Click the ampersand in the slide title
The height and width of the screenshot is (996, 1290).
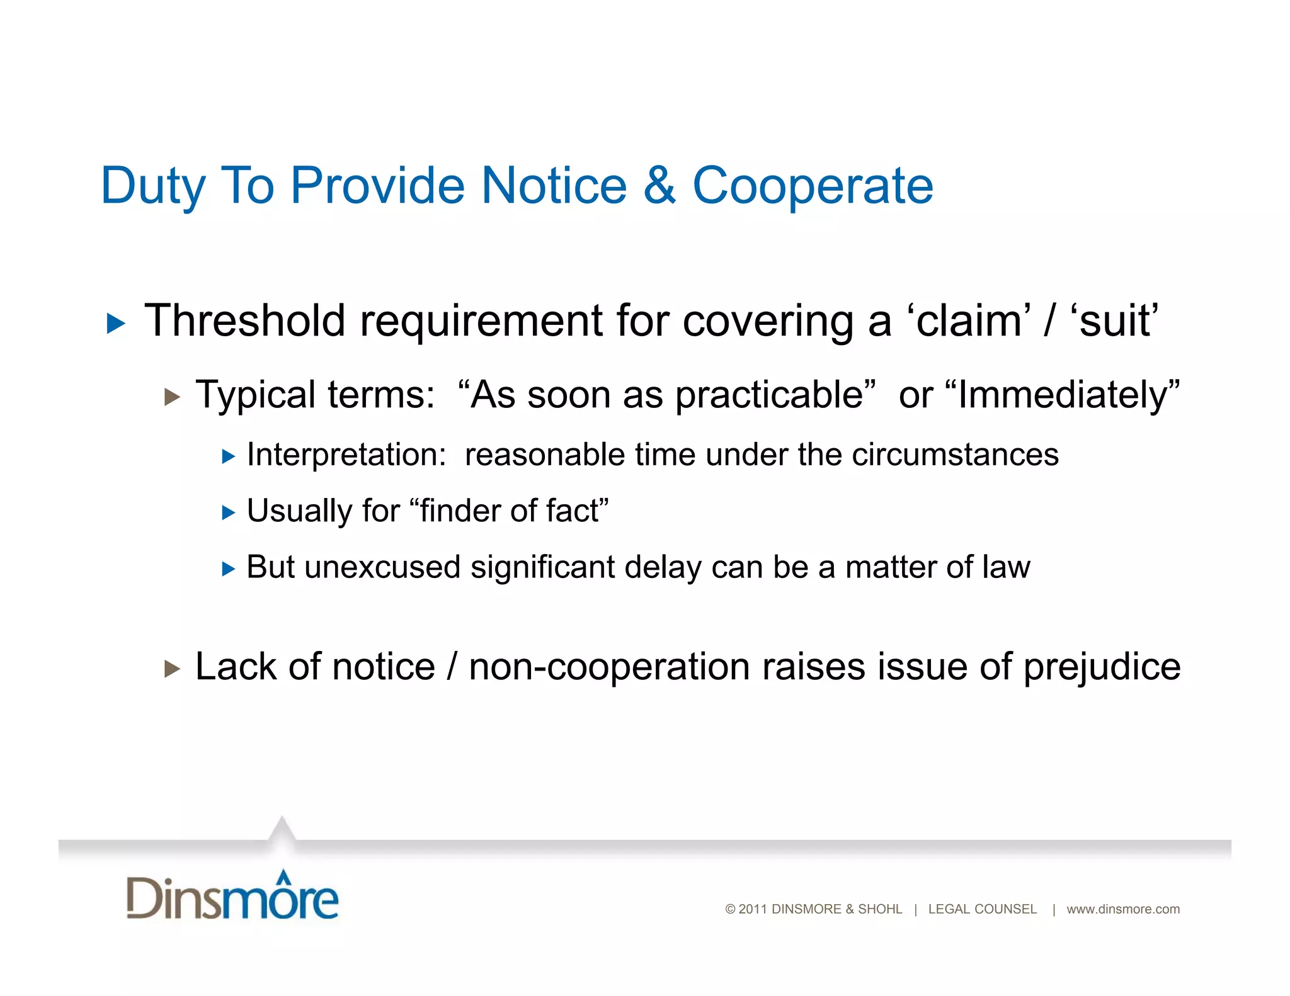click(x=659, y=185)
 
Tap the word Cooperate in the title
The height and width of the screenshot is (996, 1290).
click(x=813, y=185)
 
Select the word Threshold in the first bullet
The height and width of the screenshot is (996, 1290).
click(x=245, y=320)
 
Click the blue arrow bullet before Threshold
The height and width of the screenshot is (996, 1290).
click(x=116, y=324)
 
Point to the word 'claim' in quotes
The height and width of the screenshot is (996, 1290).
click(x=969, y=320)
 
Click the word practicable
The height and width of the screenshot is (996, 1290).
click(x=769, y=395)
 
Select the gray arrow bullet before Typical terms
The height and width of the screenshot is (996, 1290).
click(x=172, y=397)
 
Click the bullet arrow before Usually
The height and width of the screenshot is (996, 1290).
click(x=228, y=512)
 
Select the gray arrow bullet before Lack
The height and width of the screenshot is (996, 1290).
click(x=172, y=669)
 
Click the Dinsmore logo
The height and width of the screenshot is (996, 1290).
click(x=232, y=895)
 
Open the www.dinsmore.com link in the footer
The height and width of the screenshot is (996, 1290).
click(x=1123, y=909)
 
